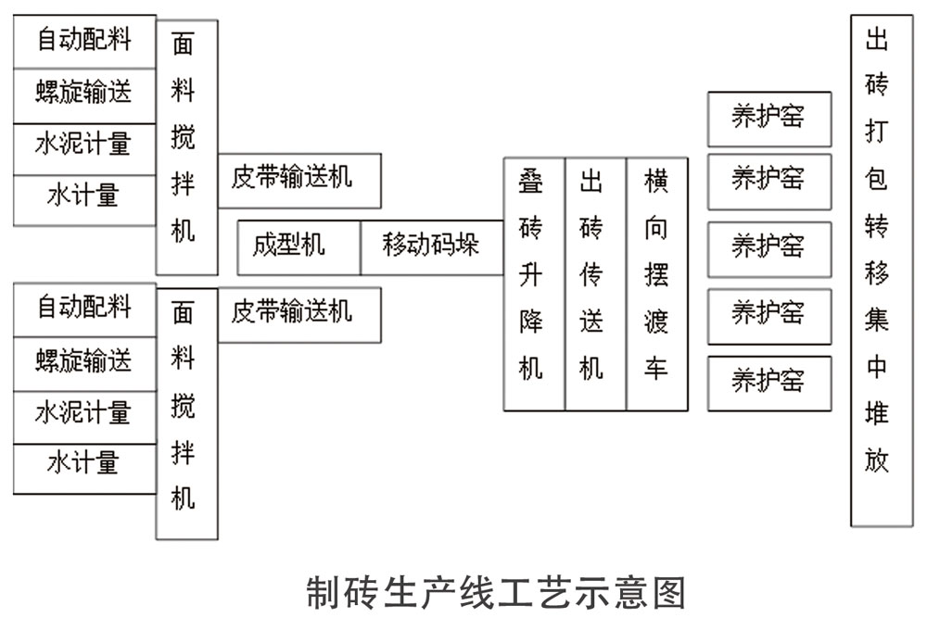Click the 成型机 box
tap(298, 247)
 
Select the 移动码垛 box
tap(431, 247)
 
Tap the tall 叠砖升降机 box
tap(533, 284)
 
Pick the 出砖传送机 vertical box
tap(594, 284)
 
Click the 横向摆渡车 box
tap(656, 284)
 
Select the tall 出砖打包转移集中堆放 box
tap(881, 271)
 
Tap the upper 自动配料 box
tap(84, 41)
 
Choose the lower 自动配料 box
tap(84, 309)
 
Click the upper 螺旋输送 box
tap(84, 95)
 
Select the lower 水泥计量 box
tap(84, 416)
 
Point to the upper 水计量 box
tap(84, 198)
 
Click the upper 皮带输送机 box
tap(298, 180)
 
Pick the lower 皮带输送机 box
tap(298, 314)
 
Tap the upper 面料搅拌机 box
tap(186, 147)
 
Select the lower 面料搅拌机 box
tap(186, 413)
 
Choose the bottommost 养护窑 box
tap(768, 383)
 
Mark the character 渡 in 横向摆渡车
tap(656, 322)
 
